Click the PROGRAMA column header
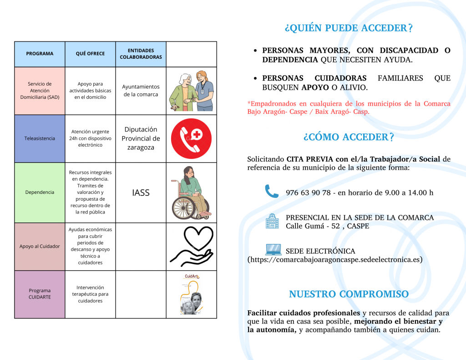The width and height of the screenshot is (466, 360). (40, 54)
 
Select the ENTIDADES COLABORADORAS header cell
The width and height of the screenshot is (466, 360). (141, 54)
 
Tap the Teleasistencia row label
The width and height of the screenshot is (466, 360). (40, 138)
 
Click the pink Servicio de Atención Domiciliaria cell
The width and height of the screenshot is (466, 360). (40, 91)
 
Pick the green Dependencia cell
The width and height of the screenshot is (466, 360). (40, 192)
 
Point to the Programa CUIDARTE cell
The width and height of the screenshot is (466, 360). (40, 294)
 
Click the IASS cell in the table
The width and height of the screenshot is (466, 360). (141, 193)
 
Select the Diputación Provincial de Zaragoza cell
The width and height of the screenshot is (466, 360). (141, 138)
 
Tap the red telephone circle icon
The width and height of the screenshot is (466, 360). (191, 138)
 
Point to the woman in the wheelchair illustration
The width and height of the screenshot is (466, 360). (191, 193)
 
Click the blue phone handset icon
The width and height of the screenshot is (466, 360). (272, 192)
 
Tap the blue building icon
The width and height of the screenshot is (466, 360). (272, 221)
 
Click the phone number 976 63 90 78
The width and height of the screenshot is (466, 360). (308, 193)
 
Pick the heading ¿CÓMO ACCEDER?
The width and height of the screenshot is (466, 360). (349, 137)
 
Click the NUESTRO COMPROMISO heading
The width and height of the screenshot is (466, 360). (349, 294)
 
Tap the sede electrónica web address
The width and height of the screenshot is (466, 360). (335, 260)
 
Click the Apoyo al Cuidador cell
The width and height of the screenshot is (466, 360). (40, 246)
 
